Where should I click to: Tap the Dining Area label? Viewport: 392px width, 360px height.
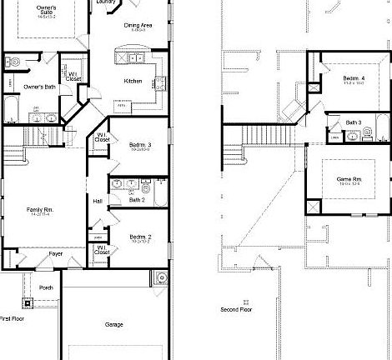(x=138, y=26)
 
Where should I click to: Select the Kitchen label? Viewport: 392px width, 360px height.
(x=133, y=81)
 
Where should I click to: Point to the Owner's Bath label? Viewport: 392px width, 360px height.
(x=38, y=86)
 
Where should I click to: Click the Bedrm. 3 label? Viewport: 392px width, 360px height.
(x=139, y=145)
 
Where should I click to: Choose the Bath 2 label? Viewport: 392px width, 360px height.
(x=138, y=199)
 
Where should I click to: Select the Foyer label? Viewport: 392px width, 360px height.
(x=55, y=252)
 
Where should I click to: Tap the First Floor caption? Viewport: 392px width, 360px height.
(x=12, y=318)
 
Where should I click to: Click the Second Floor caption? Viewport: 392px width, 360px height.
(x=236, y=308)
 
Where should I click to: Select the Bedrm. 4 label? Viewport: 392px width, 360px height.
(x=353, y=79)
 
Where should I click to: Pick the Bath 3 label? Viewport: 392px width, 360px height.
(x=354, y=123)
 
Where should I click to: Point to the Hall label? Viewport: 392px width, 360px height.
(x=98, y=201)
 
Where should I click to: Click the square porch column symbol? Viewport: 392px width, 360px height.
(x=27, y=302)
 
